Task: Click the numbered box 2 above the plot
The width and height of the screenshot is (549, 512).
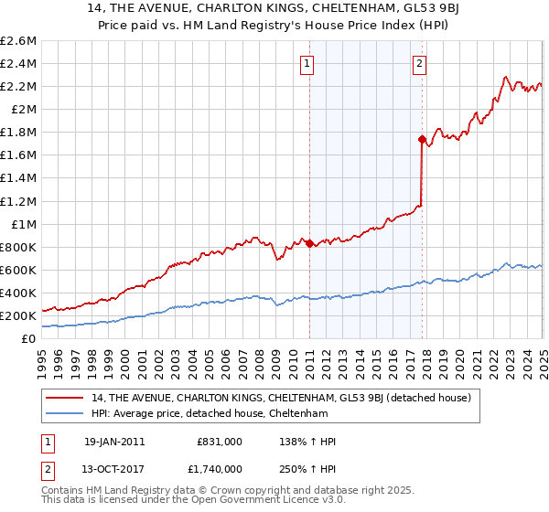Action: (x=418, y=64)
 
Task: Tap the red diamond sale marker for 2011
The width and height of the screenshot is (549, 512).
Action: (x=309, y=243)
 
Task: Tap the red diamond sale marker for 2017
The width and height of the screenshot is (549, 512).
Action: (x=422, y=140)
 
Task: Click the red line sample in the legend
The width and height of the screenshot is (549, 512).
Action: (x=65, y=398)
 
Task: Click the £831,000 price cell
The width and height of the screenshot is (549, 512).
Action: (x=220, y=442)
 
